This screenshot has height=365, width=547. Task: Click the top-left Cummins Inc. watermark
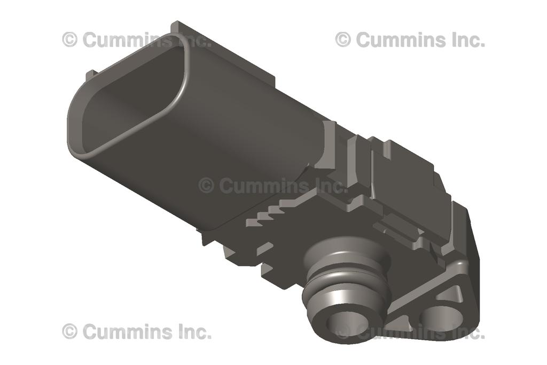tap(136, 40)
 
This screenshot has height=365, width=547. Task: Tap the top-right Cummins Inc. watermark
tap(410, 40)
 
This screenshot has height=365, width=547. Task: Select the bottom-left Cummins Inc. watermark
tap(136, 331)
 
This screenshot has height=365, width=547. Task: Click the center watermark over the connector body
tap(273, 186)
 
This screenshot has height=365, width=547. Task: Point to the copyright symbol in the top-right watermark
tap(343, 40)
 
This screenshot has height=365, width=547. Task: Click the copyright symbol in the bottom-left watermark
tap(69, 331)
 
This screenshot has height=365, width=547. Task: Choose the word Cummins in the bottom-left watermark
tap(126, 331)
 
